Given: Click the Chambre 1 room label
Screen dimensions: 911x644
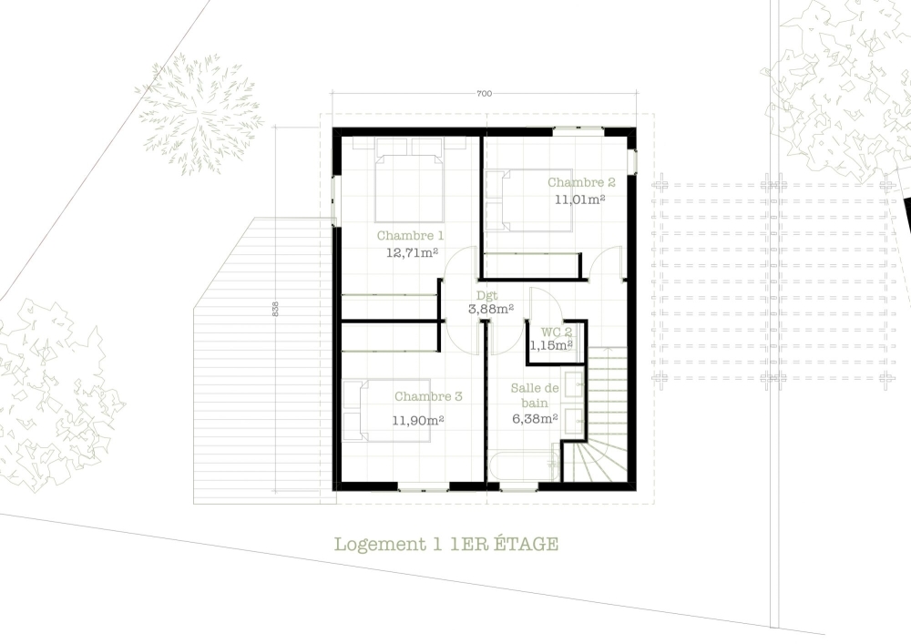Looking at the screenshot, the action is click(x=410, y=236).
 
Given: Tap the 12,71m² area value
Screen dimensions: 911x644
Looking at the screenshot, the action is click(x=412, y=252).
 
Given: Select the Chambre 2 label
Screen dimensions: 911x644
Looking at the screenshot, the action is click(x=581, y=182).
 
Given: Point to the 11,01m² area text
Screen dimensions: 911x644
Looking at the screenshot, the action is click(x=579, y=199).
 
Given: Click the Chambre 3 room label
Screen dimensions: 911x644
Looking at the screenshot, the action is click(x=428, y=396).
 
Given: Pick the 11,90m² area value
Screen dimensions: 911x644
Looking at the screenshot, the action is click(x=418, y=420).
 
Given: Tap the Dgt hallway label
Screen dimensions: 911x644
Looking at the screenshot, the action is click(x=486, y=296).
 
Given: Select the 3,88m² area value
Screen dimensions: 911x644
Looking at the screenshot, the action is click(x=491, y=309).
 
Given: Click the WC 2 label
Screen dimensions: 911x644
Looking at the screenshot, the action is click(x=557, y=332).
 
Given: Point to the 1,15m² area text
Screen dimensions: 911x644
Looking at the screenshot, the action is click(x=551, y=345).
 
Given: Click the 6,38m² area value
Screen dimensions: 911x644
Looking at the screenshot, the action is click(x=535, y=418).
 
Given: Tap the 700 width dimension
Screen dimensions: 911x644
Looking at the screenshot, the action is click(x=484, y=94).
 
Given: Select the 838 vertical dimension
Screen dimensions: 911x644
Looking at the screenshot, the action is click(x=275, y=309).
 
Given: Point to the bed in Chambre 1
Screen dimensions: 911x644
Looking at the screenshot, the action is click(x=409, y=180).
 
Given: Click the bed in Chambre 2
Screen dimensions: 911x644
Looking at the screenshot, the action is click(x=528, y=200).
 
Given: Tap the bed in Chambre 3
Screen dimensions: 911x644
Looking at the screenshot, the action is click(x=386, y=411).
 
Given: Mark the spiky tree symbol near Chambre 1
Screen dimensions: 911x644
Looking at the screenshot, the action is click(x=199, y=114).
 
